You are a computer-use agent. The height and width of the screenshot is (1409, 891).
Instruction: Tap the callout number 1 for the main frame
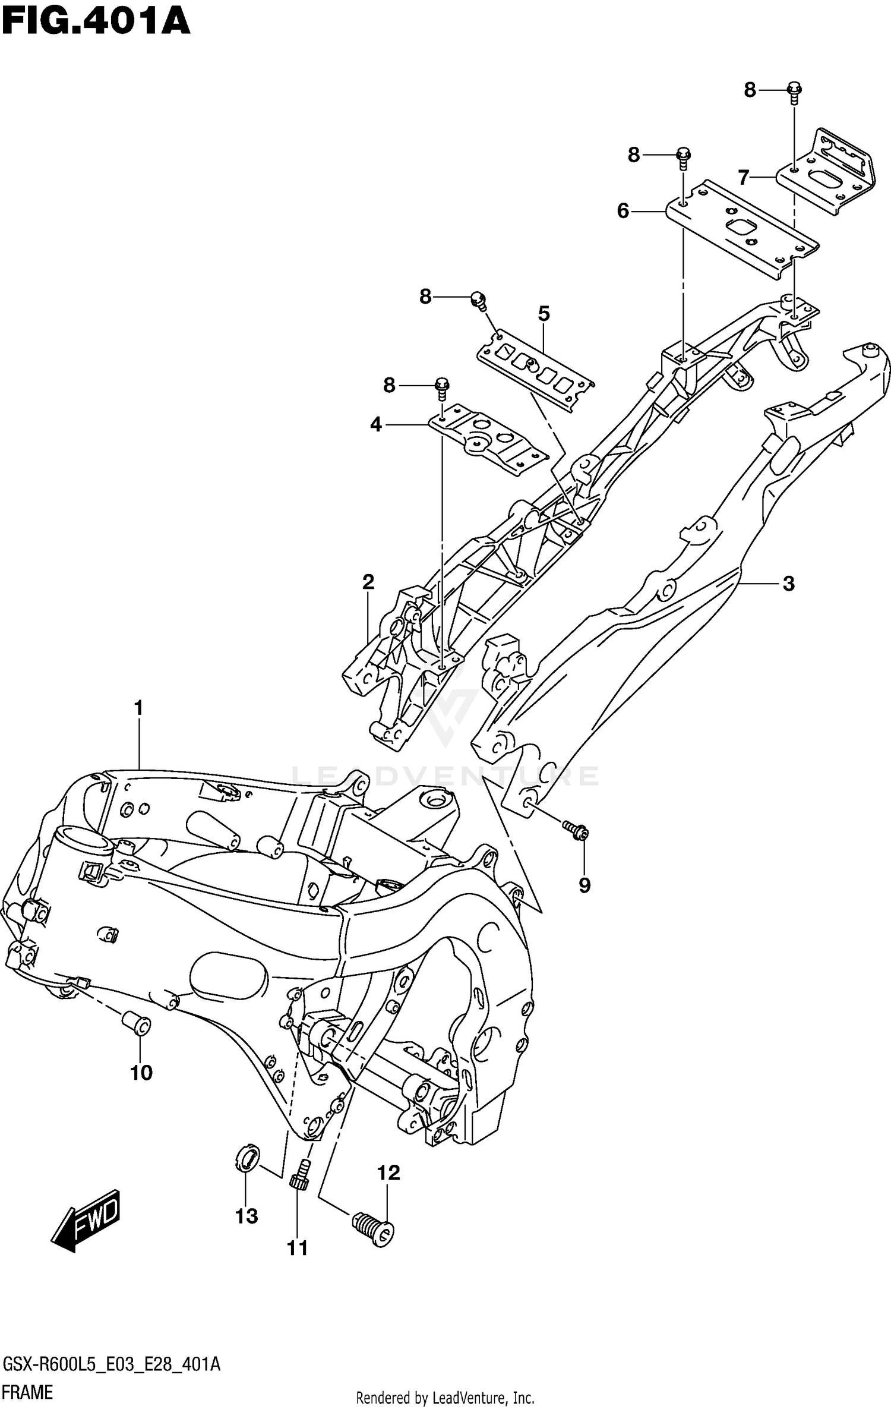click(x=138, y=708)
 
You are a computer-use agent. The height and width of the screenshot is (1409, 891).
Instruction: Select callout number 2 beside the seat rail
click(x=368, y=582)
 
